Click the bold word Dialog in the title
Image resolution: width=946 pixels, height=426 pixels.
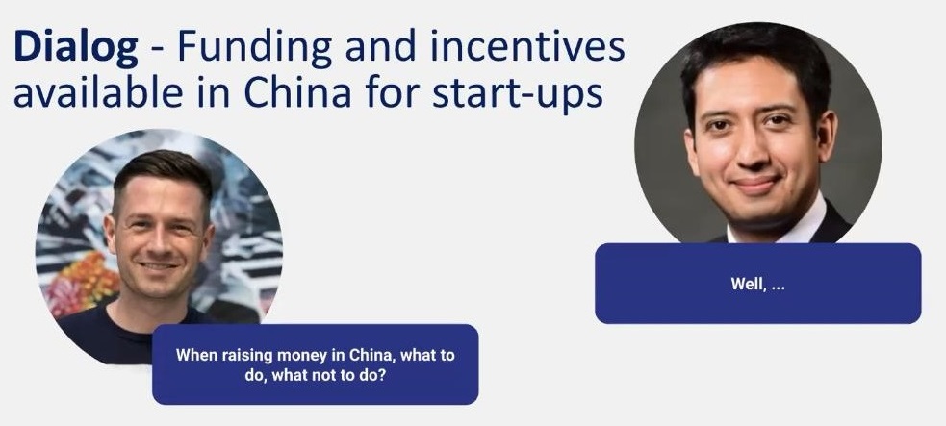coord(75,49)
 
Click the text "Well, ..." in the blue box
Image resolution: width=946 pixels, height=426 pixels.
coord(757,284)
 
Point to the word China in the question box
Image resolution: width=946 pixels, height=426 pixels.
coord(371,355)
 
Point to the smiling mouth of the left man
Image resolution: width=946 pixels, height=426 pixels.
coord(159,265)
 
